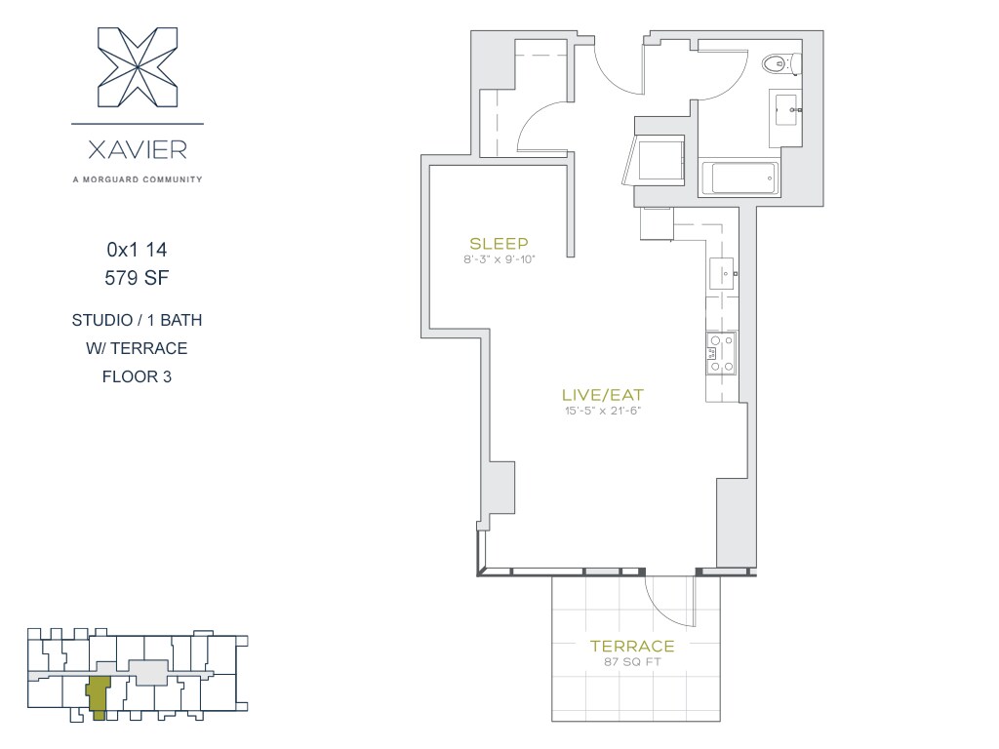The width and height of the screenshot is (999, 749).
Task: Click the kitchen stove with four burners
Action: pyautogui.click(x=721, y=353)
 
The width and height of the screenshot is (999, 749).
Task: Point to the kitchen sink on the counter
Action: pyautogui.click(x=722, y=274)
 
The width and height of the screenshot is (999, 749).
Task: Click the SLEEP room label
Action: pyautogui.click(x=499, y=243)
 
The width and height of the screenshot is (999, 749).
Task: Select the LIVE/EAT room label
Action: pyautogui.click(x=603, y=395)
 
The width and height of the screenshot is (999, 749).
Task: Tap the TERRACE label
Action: pyautogui.click(x=632, y=646)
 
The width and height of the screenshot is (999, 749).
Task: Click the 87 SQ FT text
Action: pyautogui.click(x=632, y=662)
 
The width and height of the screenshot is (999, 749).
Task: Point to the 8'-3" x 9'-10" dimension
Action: pyautogui.click(x=499, y=259)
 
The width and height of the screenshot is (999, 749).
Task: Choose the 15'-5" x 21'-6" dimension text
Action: pyautogui.click(x=603, y=411)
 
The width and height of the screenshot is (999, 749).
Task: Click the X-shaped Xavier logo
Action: pyautogui.click(x=138, y=67)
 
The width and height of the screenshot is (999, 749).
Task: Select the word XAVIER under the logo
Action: pyautogui.click(x=138, y=150)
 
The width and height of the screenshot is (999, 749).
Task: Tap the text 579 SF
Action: pyautogui.click(x=137, y=278)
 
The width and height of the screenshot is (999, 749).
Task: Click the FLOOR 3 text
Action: pyautogui.click(x=137, y=377)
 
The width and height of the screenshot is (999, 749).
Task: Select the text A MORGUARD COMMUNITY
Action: pyautogui.click(x=138, y=179)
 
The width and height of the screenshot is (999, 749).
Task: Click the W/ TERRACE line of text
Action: pyautogui.click(x=137, y=348)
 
